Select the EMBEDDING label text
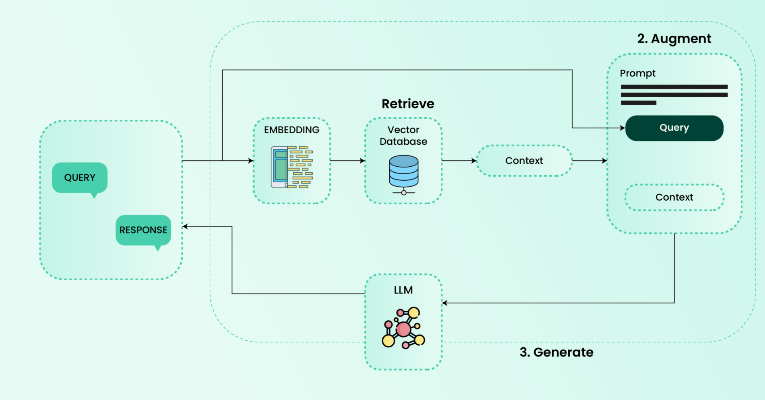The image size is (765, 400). click(x=292, y=130)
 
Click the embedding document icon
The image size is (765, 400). click(x=292, y=167)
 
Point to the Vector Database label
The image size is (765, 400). click(x=403, y=136)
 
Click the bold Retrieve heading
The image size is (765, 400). click(x=408, y=104)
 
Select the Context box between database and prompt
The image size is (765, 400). click(x=524, y=161)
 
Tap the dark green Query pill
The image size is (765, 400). click(x=674, y=128)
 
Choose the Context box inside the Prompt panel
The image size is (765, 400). click(x=674, y=197)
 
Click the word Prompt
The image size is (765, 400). click(x=637, y=74)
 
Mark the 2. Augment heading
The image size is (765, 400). click(x=674, y=39)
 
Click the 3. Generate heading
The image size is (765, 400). click(x=557, y=352)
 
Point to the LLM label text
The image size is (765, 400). click(x=403, y=290)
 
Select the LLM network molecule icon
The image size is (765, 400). click(x=404, y=328)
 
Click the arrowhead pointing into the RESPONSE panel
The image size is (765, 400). click(x=185, y=227)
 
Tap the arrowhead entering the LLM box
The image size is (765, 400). click(x=445, y=303)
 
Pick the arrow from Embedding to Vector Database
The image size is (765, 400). click(x=347, y=161)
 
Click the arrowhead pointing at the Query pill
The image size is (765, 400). click(x=622, y=128)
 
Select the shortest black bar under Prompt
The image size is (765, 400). click(x=638, y=103)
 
